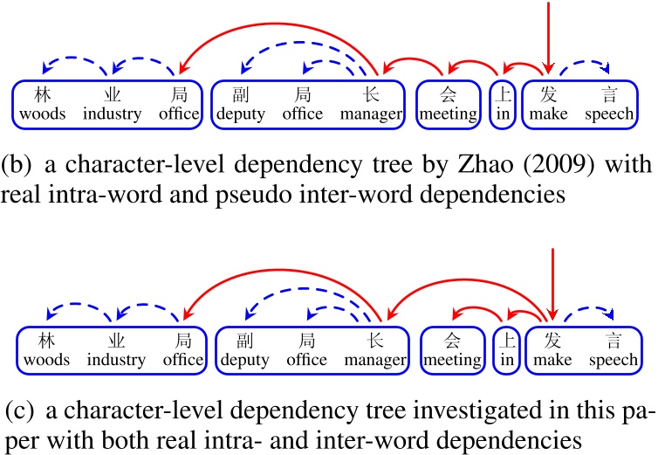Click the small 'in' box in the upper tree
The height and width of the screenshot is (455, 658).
point(501,105)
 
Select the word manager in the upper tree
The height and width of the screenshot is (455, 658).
point(370,114)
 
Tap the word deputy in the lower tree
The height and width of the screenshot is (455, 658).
point(244,360)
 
